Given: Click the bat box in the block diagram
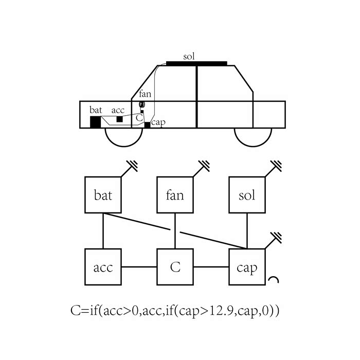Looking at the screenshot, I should pos(103,195).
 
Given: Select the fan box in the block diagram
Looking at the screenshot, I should pos(175,195).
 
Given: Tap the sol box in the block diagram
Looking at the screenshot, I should pos(247,195).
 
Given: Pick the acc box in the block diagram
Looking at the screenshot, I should pos(103,267).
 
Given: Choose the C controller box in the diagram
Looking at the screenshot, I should pos(175,267).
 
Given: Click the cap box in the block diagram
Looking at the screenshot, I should pos(247,267).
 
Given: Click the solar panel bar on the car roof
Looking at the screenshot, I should pos(196,64).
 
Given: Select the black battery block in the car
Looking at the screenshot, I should pos(95,122).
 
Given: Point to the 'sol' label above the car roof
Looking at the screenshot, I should pos(189,56).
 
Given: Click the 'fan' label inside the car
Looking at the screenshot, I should pos(146,94).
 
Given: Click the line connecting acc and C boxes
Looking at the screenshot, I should pos(139,267).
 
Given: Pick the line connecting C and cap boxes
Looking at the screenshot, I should pos(211,267).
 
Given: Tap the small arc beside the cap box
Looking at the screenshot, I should pos(274,280).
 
